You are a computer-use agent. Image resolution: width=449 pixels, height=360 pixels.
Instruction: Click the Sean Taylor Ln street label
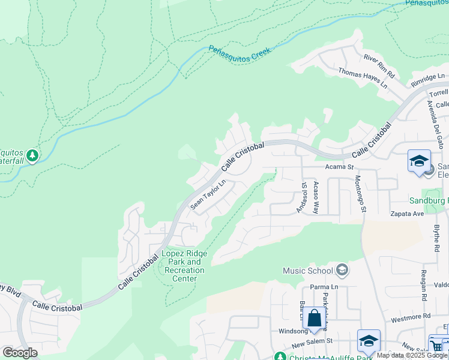(x=208, y=194)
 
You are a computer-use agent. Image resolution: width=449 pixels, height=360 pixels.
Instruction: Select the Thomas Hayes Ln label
(x=363, y=78)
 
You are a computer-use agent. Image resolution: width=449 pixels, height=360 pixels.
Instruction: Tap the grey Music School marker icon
(x=342, y=271)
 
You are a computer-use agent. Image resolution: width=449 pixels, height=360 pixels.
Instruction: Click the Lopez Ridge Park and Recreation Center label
(x=185, y=266)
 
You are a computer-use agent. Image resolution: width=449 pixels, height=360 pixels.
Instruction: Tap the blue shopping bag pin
(x=314, y=319)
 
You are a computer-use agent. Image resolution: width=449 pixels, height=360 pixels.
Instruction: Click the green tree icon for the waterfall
(x=32, y=156)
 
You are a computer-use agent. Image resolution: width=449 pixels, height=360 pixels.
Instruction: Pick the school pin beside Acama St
(x=419, y=161)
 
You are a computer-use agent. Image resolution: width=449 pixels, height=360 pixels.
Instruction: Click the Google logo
(x=20, y=352)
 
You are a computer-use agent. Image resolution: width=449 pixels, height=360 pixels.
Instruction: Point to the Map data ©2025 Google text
(x=412, y=355)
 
